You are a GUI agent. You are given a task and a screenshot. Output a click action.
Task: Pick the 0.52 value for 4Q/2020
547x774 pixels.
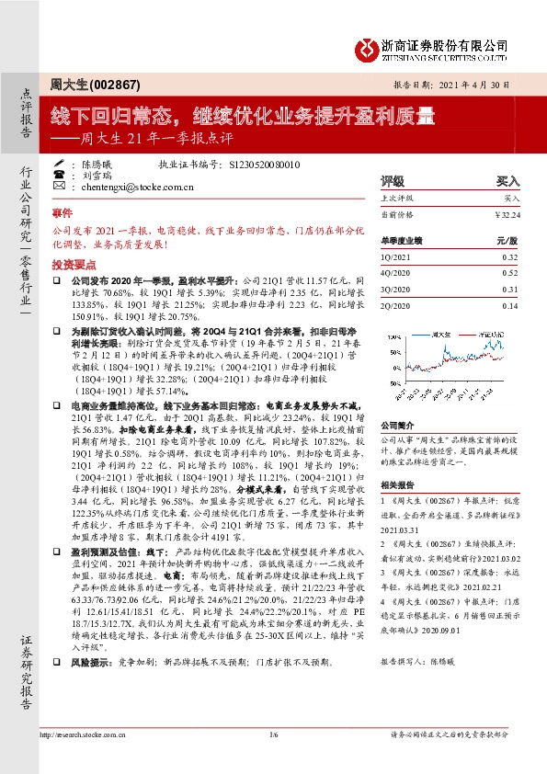tap(510, 273)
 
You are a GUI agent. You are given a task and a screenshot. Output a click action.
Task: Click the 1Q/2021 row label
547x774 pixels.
tap(393, 258)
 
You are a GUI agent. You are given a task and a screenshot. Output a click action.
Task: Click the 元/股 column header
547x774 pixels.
tap(508, 239)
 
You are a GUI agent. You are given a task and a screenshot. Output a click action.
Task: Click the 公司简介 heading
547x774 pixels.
tap(395, 425)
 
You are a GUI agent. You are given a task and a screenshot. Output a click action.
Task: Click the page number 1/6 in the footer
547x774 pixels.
tap(273, 734)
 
